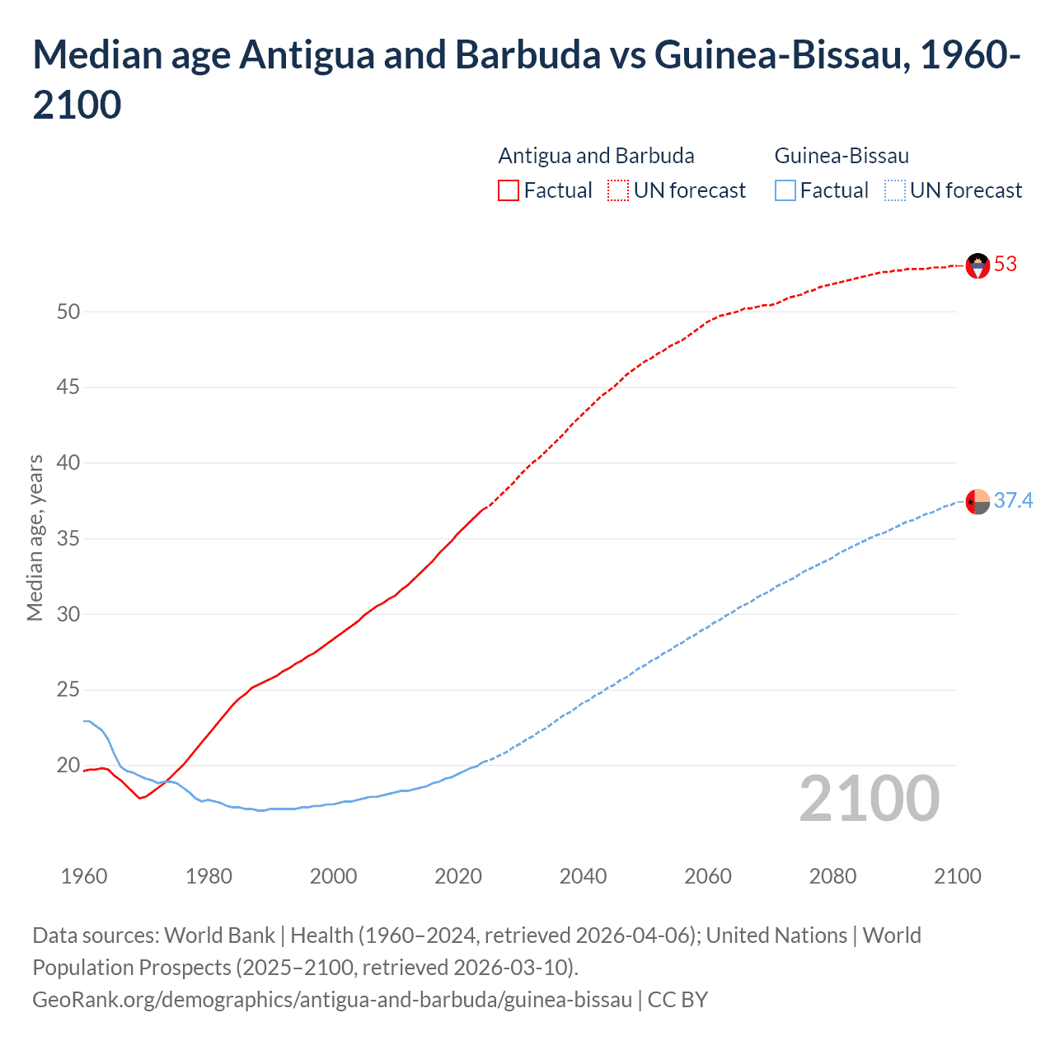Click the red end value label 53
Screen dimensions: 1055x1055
click(1005, 265)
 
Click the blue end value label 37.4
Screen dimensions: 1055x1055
click(1013, 500)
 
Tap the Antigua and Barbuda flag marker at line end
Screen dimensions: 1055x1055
click(978, 265)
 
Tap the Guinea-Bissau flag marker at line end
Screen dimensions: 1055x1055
click(978, 501)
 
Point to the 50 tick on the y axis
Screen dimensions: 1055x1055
click(68, 312)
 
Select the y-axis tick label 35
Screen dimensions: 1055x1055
click(68, 539)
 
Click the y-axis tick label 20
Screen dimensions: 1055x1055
click(68, 766)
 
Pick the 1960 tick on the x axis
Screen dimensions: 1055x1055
click(84, 876)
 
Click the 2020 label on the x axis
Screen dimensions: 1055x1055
click(458, 876)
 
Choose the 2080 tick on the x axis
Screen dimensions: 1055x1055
click(832, 876)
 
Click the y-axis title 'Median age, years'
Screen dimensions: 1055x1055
click(35, 537)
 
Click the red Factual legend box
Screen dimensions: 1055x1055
click(509, 191)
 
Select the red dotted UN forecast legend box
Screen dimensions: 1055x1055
click(618, 191)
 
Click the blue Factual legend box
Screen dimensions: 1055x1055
click(785, 191)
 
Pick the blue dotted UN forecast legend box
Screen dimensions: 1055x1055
click(894, 191)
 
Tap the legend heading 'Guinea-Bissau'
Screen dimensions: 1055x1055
click(842, 156)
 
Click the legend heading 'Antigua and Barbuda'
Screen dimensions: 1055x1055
click(596, 156)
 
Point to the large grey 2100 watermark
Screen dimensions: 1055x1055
click(869, 798)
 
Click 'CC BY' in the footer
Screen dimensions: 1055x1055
click(678, 1000)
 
